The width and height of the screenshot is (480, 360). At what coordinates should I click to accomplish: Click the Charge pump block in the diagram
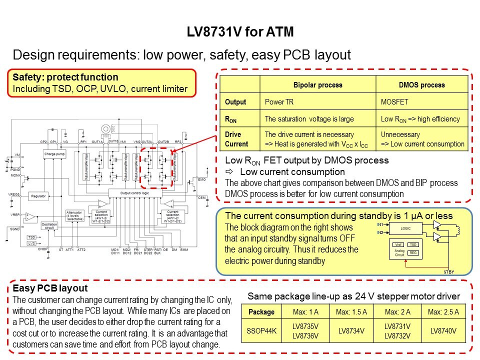tap(55, 154)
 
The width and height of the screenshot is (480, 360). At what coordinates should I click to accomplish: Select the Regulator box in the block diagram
tap(38, 196)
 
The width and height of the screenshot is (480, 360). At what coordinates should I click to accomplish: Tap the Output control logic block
tap(135, 192)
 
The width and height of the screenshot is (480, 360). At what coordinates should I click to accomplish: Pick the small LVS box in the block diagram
tap(31, 243)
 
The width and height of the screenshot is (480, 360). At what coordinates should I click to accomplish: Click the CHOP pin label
tap(42, 248)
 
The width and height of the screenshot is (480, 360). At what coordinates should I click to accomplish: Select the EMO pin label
tap(201, 179)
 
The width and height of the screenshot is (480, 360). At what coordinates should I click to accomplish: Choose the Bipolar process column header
tap(317, 85)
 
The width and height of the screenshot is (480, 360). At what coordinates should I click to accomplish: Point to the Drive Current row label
tap(236, 139)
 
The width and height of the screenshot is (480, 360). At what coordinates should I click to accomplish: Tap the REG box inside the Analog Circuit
tap(412, 253)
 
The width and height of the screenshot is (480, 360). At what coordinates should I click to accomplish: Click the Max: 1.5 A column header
tap(351, 312)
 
